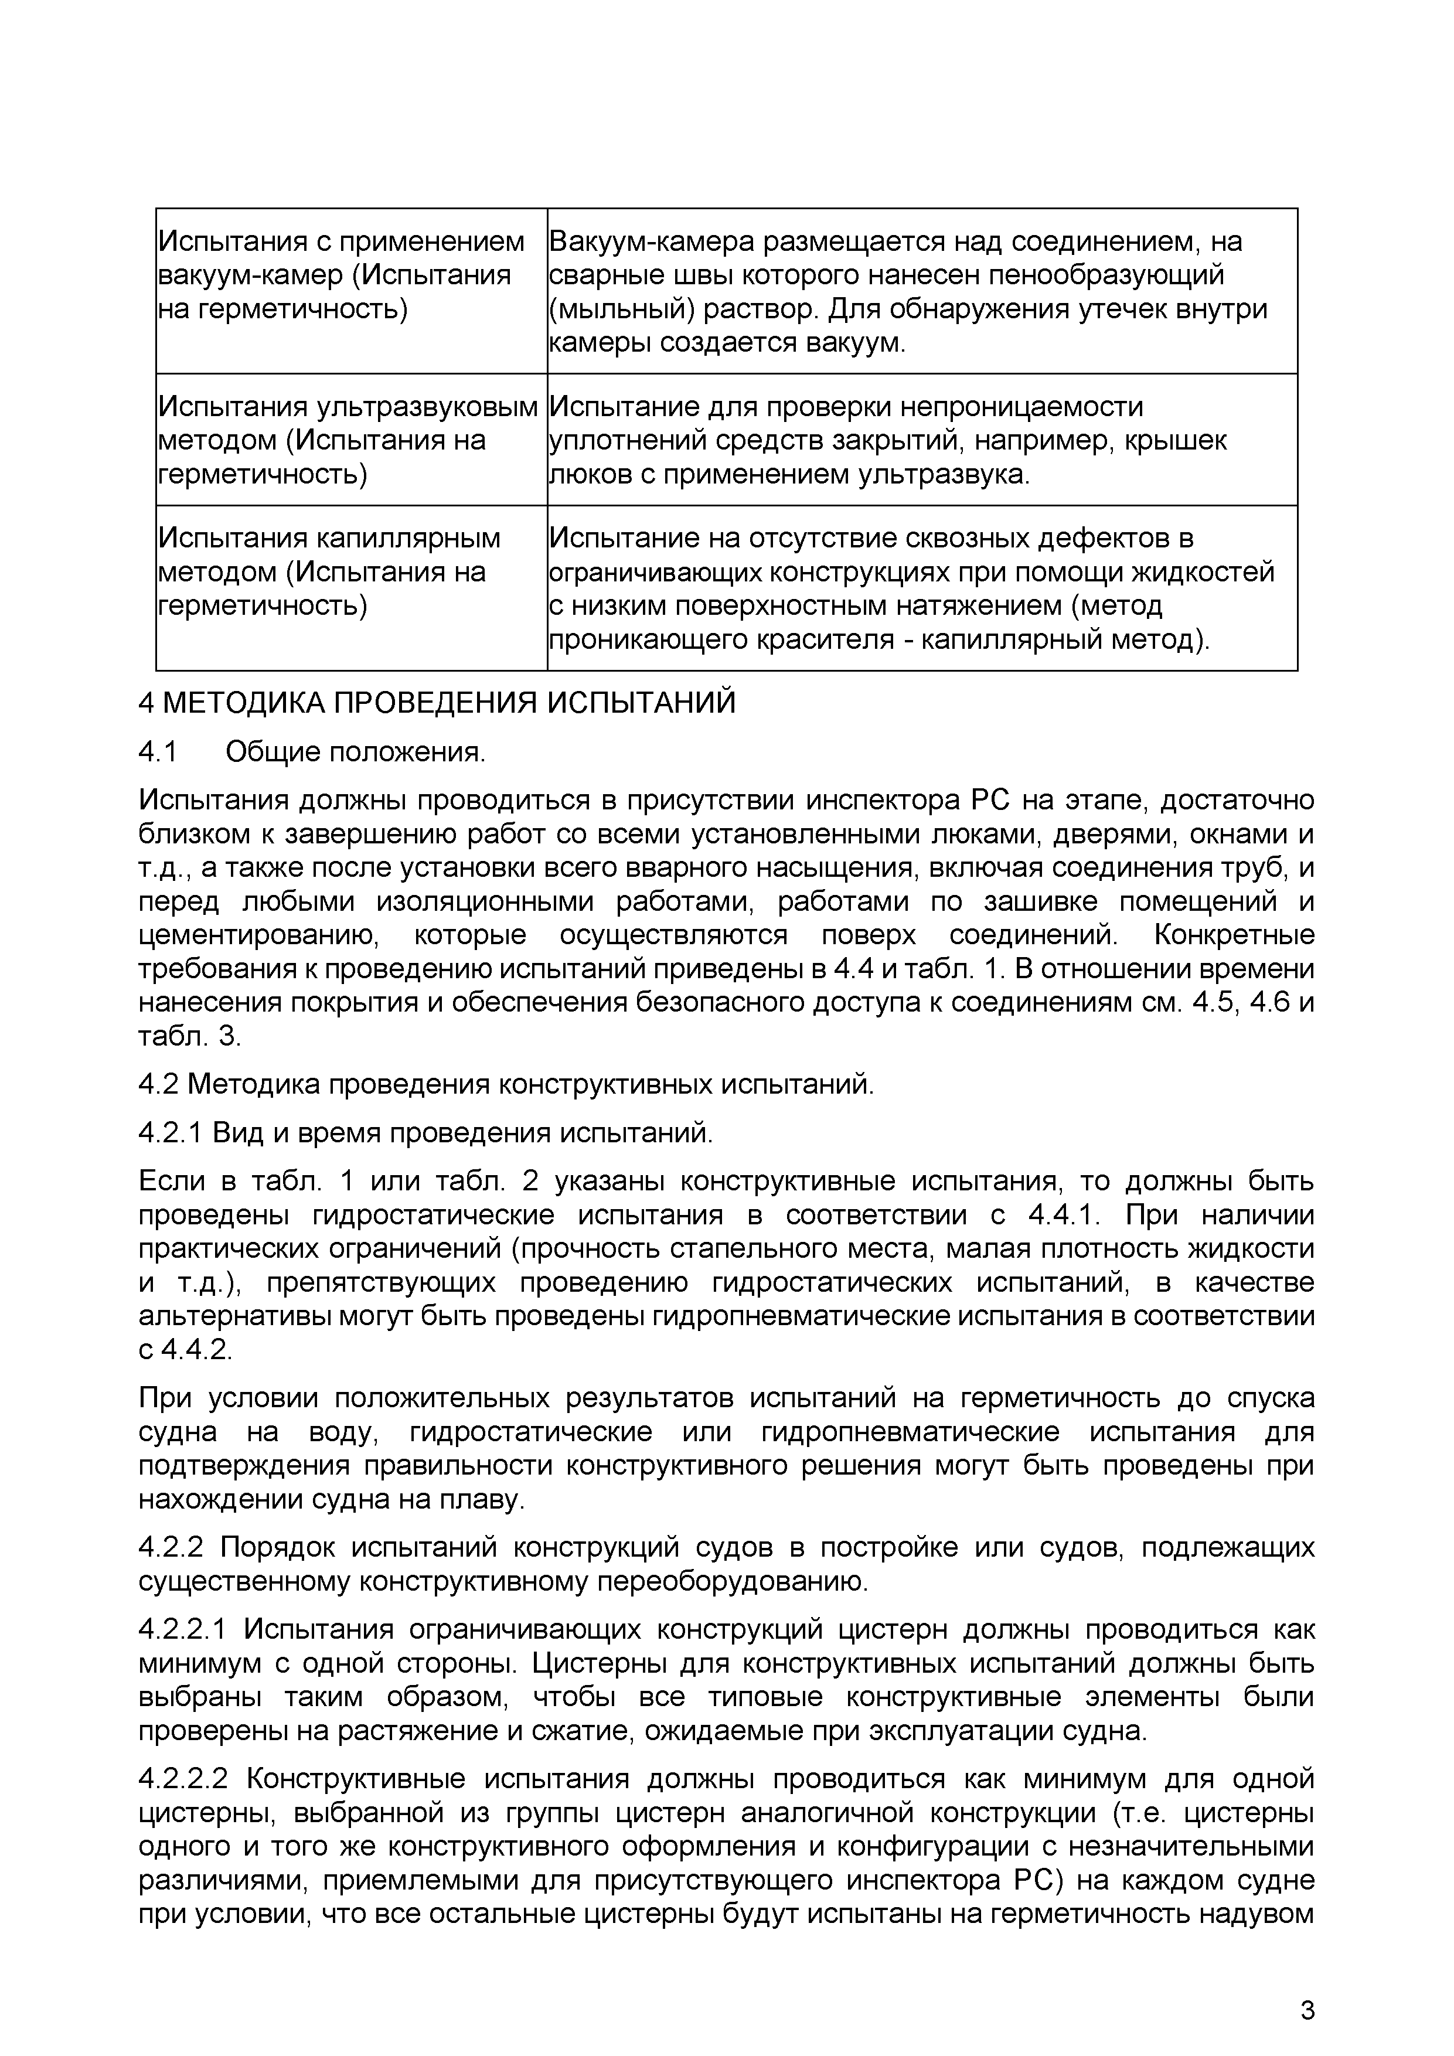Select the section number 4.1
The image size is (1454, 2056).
158,752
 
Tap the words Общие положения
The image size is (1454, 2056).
356,752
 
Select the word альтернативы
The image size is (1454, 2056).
232,1318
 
